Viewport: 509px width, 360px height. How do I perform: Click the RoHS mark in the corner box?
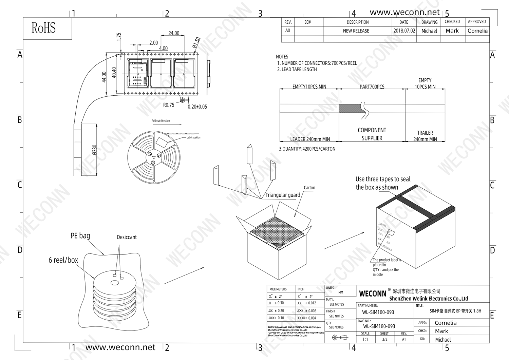[x=43, y=28]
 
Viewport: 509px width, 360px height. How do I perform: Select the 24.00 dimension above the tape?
[x=174, y=33]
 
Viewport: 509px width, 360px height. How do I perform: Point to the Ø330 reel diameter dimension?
[x=94, y=150]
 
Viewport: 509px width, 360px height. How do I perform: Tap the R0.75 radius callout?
[x=169, y=105]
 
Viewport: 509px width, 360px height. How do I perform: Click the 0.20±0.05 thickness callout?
[x=197, y=107]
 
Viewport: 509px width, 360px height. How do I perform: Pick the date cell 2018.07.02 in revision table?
[x=404, y=31]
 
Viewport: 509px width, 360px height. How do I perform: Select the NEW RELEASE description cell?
[x=356, y=31]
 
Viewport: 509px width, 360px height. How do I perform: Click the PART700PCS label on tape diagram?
[x=372, y=87]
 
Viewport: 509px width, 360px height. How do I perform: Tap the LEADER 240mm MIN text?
[x=310, y=139]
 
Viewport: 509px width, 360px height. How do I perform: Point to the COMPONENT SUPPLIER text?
[x=372, y=134]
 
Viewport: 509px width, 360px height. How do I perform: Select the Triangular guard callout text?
[x=283, y=195]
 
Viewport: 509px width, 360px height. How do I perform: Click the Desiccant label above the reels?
[x=127, y=237]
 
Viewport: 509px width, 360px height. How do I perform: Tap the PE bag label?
[x=80, y=235]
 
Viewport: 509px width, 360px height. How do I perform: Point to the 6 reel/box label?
[x=63, y=260]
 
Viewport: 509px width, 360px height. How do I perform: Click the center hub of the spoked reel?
[x=154, y=157]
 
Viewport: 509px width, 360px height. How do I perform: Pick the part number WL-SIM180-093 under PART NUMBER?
[x=378, y=312]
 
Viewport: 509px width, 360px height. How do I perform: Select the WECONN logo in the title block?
[x=373, y=293]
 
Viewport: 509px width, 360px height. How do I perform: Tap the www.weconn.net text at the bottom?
[x=120, y=347]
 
